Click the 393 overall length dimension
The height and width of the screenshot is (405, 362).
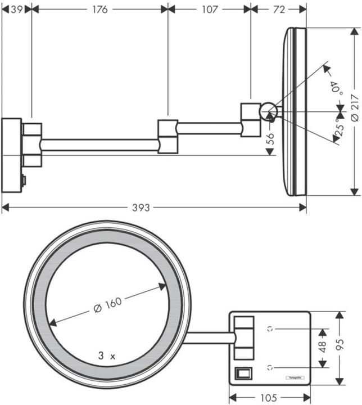click(x=141, y=208)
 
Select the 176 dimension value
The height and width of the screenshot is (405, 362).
click(x=99, y=9)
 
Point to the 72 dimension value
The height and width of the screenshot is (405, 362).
click(x=278, y=9)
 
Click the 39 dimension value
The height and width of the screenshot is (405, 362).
click(x=16, y=9)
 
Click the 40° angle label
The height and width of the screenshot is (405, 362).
click(x=336, y=87)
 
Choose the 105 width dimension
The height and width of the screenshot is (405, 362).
click(x=269, y=398)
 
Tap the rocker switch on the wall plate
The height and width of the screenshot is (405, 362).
click(x=243, y=372)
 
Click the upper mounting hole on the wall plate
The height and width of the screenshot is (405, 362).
click(x=271, y=328)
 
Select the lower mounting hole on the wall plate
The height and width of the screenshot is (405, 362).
click(x=271, y=367)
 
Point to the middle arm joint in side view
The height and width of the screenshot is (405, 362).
click(x=168, y=136)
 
